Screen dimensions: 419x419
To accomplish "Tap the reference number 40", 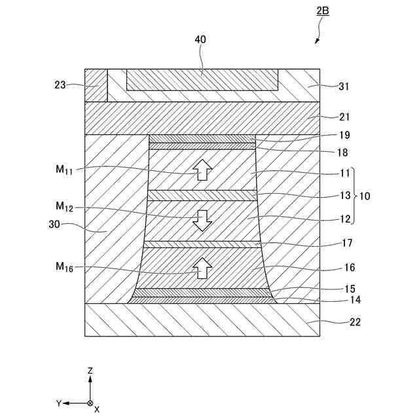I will (x=200, y=39).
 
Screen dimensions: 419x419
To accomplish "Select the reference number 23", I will (x=60, y=84).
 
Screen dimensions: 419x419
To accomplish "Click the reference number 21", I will (x=345, y=117).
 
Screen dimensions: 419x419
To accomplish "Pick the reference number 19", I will (x=345, y=136).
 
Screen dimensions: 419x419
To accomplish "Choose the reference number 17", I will (x=347, y=243).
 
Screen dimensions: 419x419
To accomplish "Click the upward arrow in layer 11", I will (x=202, y=170).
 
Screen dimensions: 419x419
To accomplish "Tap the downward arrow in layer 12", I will (x=202, y=220).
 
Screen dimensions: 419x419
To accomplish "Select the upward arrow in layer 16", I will (x=203, y=267).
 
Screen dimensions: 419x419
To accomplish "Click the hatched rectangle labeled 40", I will (x=202, y=79).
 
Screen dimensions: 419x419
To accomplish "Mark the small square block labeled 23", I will (x=96, y=84).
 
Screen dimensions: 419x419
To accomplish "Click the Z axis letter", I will (x=90, y=371).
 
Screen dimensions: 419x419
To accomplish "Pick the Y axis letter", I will (x=58, y=403).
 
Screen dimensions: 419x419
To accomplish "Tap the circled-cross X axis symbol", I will (x=90, y=403).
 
